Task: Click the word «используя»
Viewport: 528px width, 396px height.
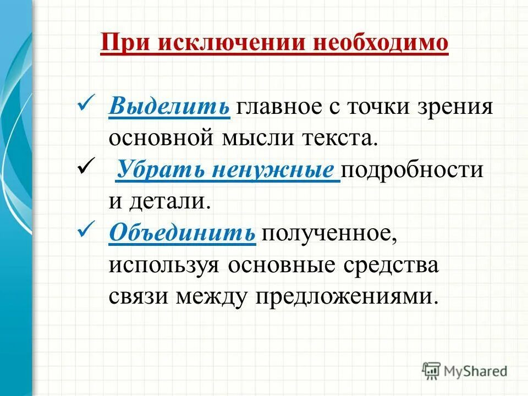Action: [x=165, y=265]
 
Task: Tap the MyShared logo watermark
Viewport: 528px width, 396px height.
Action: [x=464, y=371]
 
